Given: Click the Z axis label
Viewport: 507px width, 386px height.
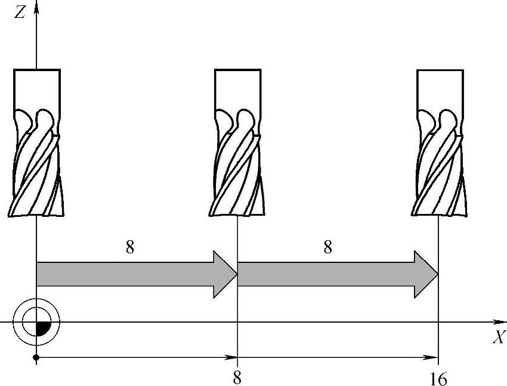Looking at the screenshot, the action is pyautogui.click(x=20, y=12).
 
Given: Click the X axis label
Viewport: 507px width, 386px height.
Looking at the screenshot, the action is pyautogui.click(x=499, y=338).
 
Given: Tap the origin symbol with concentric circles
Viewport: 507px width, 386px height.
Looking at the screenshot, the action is pyautogui.click(x=37, y=322).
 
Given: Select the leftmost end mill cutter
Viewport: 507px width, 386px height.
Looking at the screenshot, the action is pyautogui.click(x=36, y=143).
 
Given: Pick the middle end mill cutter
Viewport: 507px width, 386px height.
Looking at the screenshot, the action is pyautogui.click(x=237, y=143).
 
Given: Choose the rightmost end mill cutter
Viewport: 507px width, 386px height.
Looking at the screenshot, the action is pyautogui.click(x=439, y=143).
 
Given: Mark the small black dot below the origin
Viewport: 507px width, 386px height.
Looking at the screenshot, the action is pyautogui.click(x=36, y=357).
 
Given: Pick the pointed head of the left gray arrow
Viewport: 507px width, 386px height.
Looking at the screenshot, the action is pyautogui.click(x=226, y=274).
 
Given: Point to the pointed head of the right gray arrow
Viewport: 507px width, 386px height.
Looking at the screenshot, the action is pyautogui.click(x=427, y=274).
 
